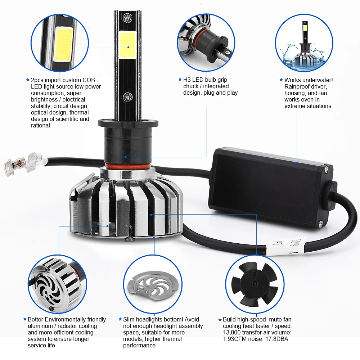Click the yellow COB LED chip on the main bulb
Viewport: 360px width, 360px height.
point(127,45)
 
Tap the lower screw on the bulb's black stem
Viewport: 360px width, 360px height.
point(127,97)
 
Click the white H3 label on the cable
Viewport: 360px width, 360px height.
point(286,246)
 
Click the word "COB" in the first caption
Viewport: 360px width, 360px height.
point(89,80)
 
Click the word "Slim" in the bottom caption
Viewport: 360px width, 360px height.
point(129,320)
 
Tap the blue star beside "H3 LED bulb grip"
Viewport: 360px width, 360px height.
point(180,80)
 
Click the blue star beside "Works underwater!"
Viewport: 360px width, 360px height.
point(281,80)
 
